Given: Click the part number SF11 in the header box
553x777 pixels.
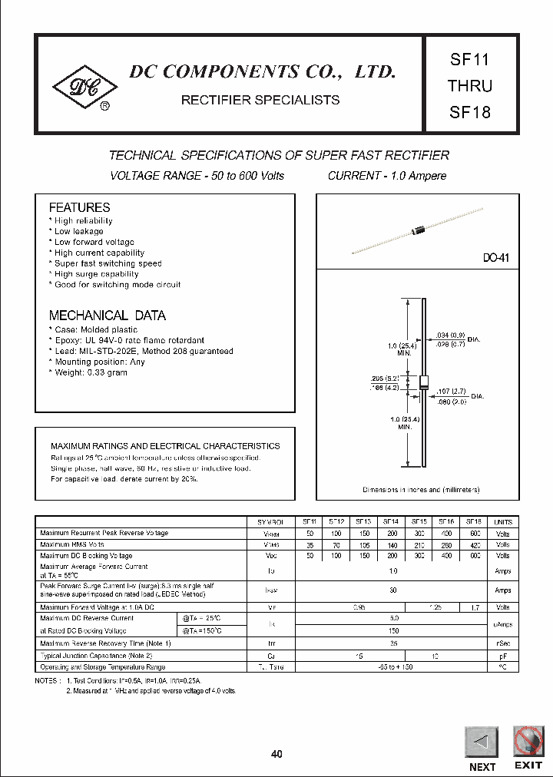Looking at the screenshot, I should point(469,59).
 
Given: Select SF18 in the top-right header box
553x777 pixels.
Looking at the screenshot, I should point(469,111).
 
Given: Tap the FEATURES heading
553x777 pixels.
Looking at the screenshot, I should point(79,207).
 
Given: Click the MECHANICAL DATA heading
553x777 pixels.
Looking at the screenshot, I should point(107,316).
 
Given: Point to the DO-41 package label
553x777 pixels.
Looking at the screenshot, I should point(495,259).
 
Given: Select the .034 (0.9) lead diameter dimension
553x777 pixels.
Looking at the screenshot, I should point(450,335).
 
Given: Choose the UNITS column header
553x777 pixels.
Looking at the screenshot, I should point(503,521).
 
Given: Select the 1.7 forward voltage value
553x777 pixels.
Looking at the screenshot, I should point(474,607).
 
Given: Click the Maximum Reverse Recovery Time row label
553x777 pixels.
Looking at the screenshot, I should point(105,643).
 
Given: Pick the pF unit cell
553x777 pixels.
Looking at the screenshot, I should point(503,656).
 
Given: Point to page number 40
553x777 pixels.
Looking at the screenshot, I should point(276,754).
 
